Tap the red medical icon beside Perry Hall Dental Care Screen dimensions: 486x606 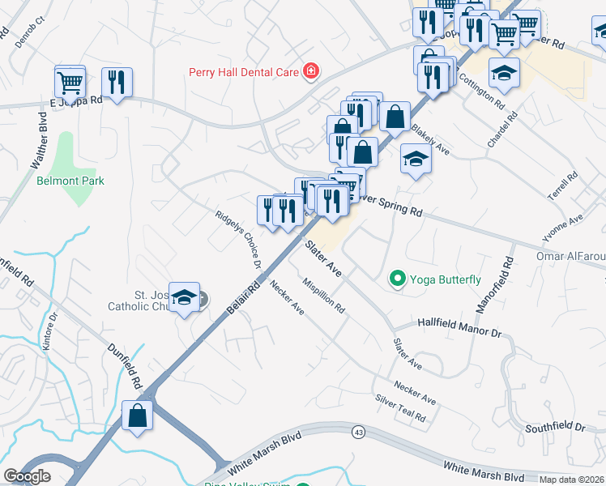click(x=309, y=72)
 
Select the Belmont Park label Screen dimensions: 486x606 click(x=70, y=181)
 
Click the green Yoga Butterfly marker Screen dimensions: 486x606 click(x=397, y=279)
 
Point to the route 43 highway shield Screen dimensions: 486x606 click(x=357, y=432)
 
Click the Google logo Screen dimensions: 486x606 click(x=27, y=476)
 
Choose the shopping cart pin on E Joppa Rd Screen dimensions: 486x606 click(x=70, y=82)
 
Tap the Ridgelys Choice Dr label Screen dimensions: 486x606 click(x=238, y=240)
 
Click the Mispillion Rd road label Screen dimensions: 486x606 click(x=324, y=296)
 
